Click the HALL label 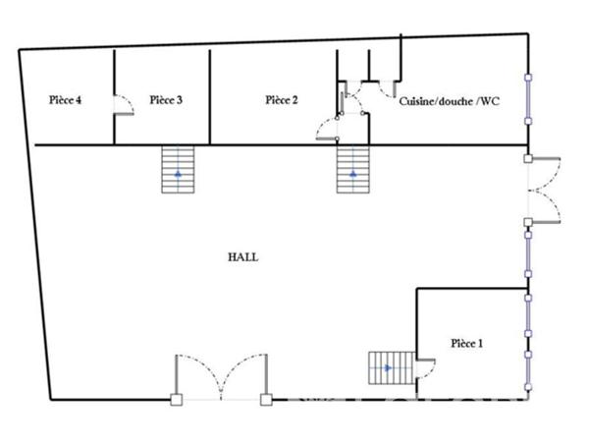pyautogui.click(x=242, y=256)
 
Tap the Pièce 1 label pyautogui.click(x=466, y=343)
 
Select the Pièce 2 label pyautogui.click(x=282, y=99)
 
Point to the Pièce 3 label pyautogui.click(x=166, y=99)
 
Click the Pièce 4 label pyautogui.click(x=65, y=99)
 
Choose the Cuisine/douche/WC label pyautogui.click(x=450, y=101)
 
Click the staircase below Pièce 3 pyautogui.click(x=179, y=169)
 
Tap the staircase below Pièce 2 pyautogui.click(x=353, y=170)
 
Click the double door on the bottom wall pyautogui.click(x=221, y=378)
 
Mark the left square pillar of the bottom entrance pyautogui.click(x=176, y=400)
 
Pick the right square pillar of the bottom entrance pyautogui.click(x=265, y=400)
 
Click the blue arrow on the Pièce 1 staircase pyautogui.click(x=388, y=368)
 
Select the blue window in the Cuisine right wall pyautogui.click(x=529, y=99)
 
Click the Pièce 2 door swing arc pyautogui.click(x=326, y=129)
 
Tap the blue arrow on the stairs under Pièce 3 pyautogui.click(x=179, y=174)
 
